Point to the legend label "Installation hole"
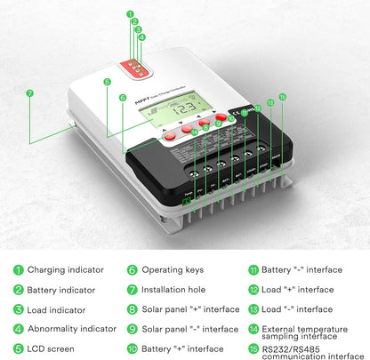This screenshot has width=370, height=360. point(174,290)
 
